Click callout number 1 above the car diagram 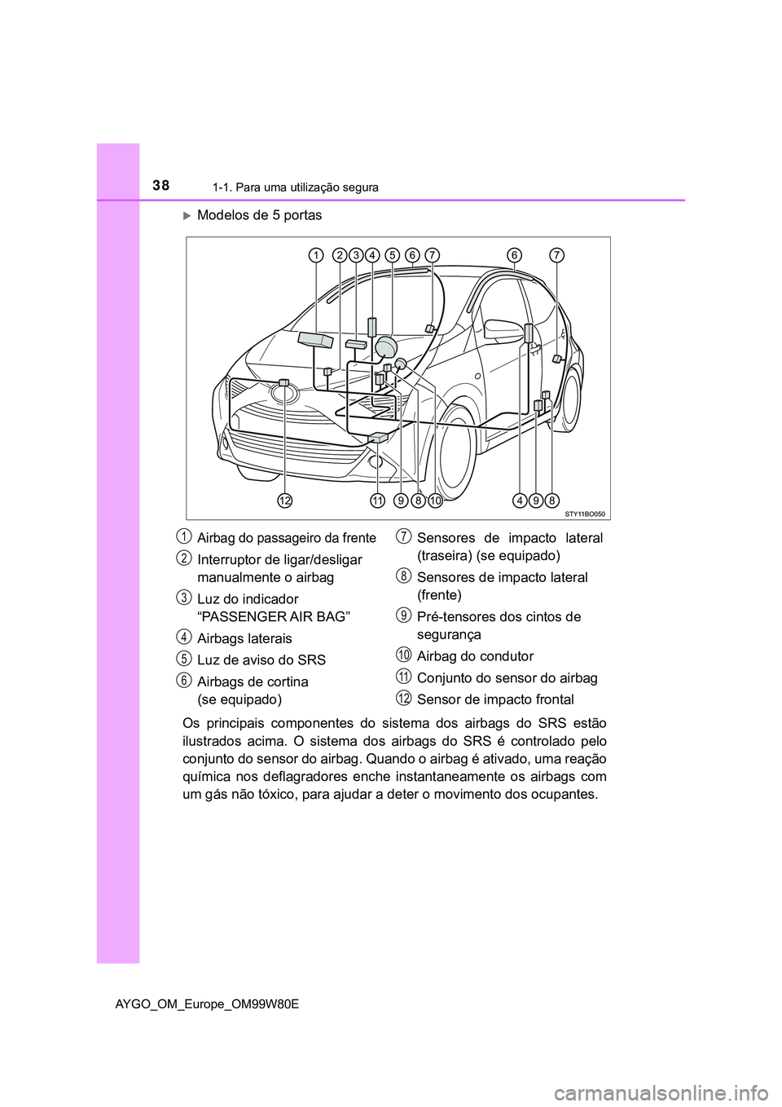pos(314,256)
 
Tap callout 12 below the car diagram pos(283,500)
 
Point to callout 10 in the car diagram pos(434,500)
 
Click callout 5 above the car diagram pos(393,256)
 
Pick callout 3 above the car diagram pos(356,256)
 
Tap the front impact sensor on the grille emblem pos(283,382)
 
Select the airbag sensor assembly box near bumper pos(378,438)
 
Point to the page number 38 pos(160,186)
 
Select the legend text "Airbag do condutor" pos(475,656)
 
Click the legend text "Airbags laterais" pos(244,638)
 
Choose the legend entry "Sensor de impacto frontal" pos(495,699)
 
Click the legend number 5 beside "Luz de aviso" pos(186,658)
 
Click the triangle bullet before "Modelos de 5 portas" pos(186,215)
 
